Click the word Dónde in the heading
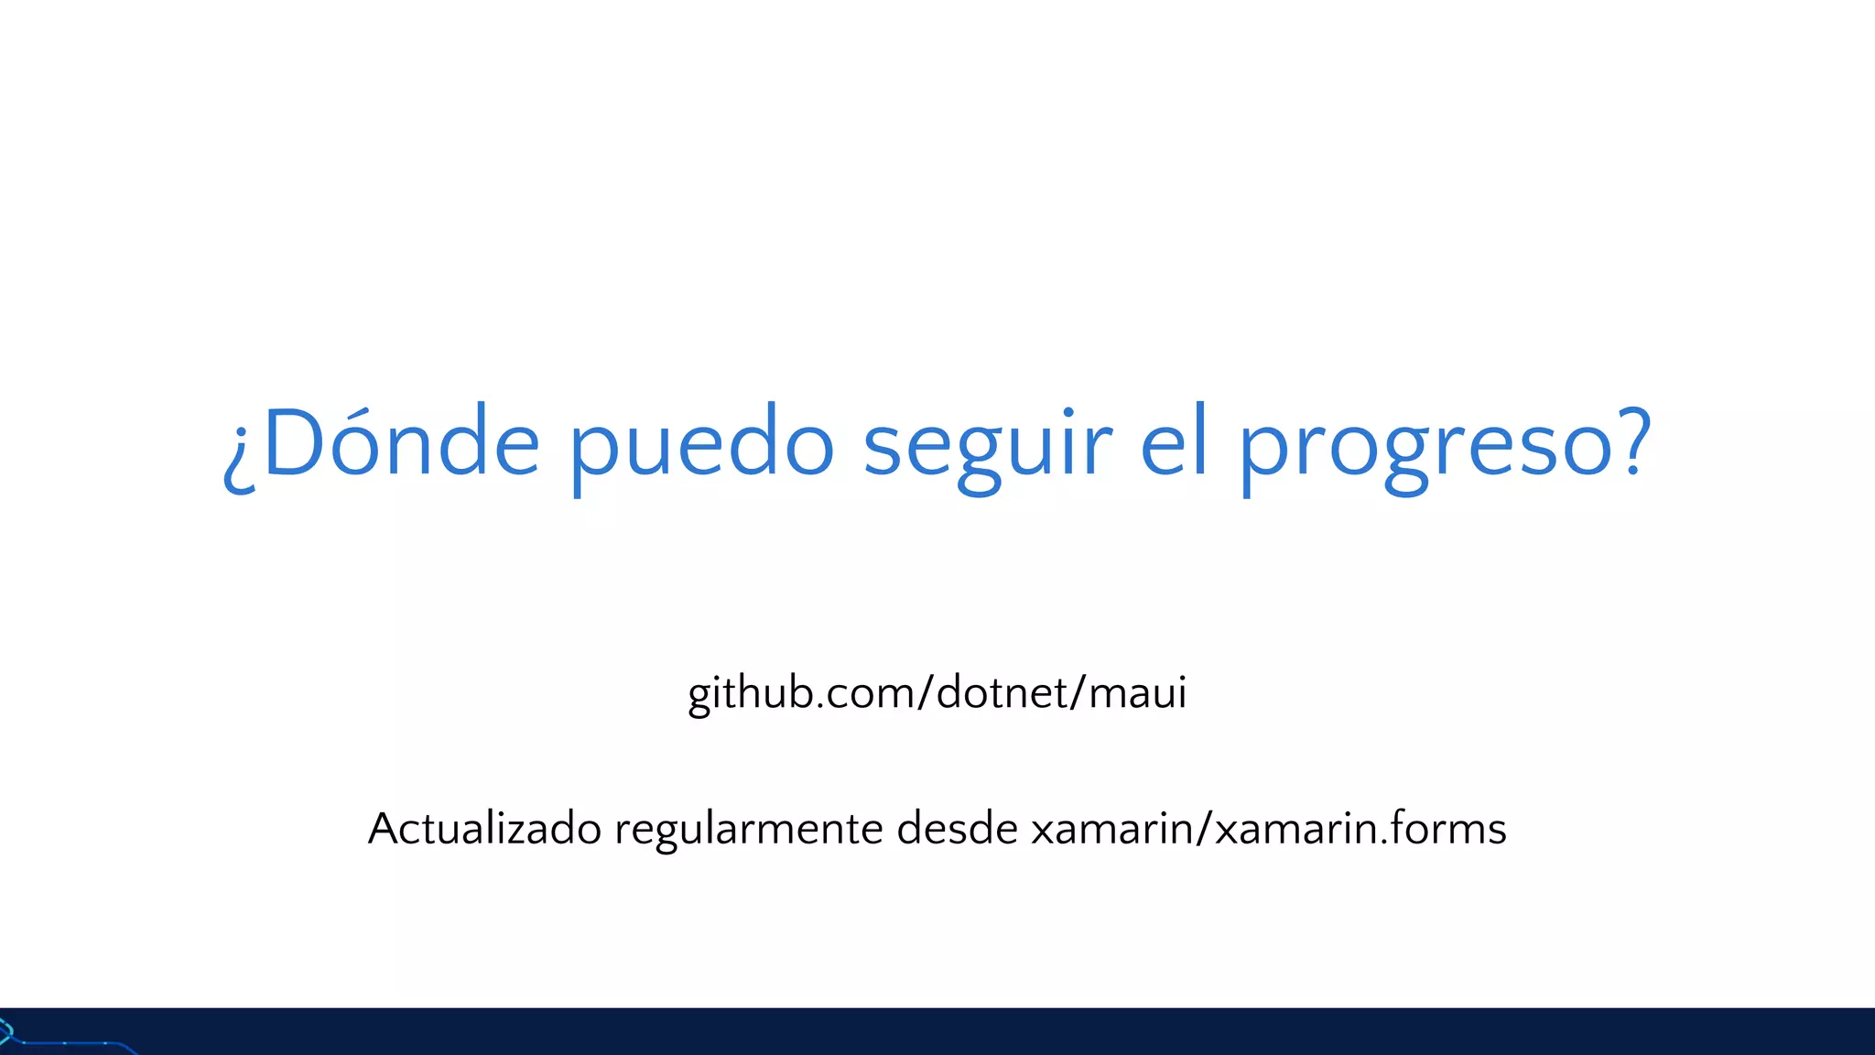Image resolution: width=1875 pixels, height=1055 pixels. tap(401, 443)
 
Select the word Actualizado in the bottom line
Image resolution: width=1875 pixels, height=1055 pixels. tap(484, 829)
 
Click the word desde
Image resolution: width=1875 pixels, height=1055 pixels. tap(958, 828)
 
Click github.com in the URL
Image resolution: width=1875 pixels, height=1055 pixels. tap(800, 693)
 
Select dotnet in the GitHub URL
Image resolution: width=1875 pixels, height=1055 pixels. tap(1003, 692)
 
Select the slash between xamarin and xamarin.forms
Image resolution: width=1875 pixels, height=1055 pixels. tap(1205, 829)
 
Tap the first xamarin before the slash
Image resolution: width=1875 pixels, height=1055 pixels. tap(1112, 830)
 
